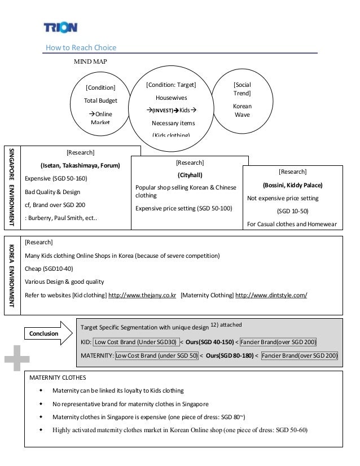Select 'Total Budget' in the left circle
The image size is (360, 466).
coord(100,100)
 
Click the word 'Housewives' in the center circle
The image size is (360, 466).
coord(171,98)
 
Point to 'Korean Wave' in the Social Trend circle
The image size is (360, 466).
coord(242,110)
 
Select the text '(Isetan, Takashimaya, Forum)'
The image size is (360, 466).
coord(80,165)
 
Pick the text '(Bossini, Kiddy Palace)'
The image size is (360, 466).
coord(292,184)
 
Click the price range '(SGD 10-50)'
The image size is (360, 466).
coord(292,212)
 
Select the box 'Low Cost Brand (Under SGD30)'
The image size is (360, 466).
coord(134,342)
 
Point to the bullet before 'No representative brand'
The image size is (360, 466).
coord(40,404)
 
